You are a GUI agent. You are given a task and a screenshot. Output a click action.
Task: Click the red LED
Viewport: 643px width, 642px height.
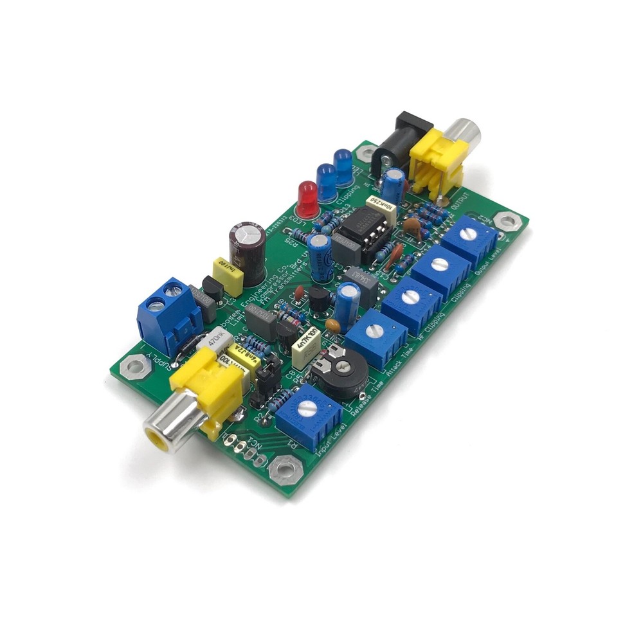(x=307, y=197)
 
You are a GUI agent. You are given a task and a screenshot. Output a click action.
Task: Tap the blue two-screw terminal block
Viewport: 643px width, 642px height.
(x=168, y=316)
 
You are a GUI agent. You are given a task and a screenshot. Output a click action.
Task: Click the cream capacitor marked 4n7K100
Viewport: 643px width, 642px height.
(x=306, y=348)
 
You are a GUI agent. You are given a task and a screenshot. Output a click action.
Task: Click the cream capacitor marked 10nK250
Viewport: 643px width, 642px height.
(x=381, y=208)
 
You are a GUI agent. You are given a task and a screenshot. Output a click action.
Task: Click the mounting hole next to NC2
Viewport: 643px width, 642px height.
(x=509, y=220)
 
